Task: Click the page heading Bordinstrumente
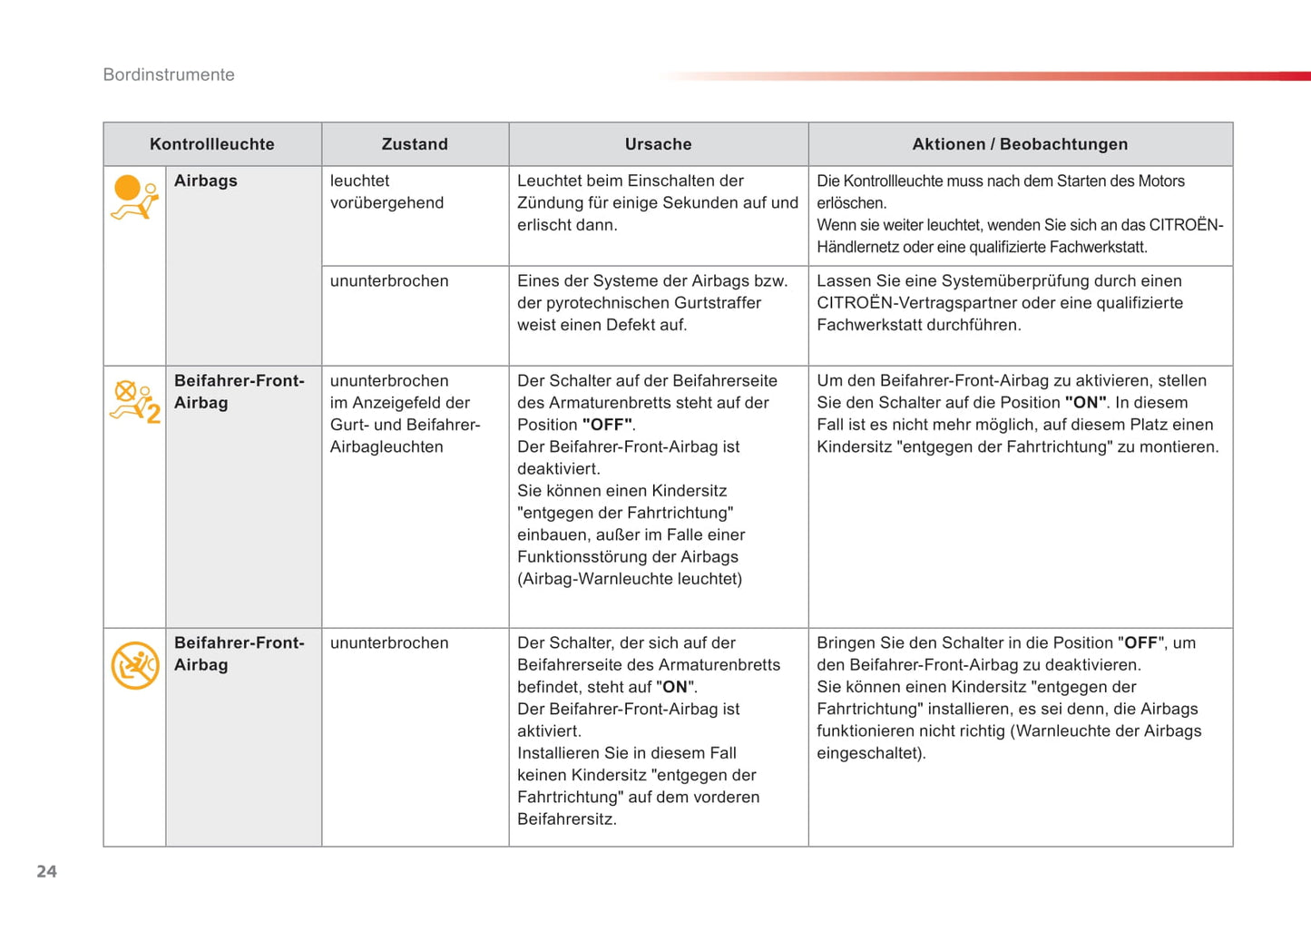pyautogui.click(x=169, y=75)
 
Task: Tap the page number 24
pyautogui.click(x=46, y=871)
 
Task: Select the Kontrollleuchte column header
pyautogui.click(x=211, y=144)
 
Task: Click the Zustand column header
pyautogui.click(x=415, y=144)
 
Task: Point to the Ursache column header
pyautogui.click(x=658, y=144)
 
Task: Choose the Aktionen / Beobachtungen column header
pyautogui.click(x=1020, y=144)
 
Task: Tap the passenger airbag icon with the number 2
pyautogui.click(x=134, y=401)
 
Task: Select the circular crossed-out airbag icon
pyautogui.click(x=134, y=665)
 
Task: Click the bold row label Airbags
pyautogui.click(x=206, y=181)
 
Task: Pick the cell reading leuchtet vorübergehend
pyautogui.click(x=386, y=191)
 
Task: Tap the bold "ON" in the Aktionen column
pyautogui.click(x=1085, y=403)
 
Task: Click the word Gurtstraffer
pyautogui.click(x=716, y=303)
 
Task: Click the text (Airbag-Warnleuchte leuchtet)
pyautogui.click(x=630, y=579)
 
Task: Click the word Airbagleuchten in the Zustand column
pyautogui.click(x=386, y=447)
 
